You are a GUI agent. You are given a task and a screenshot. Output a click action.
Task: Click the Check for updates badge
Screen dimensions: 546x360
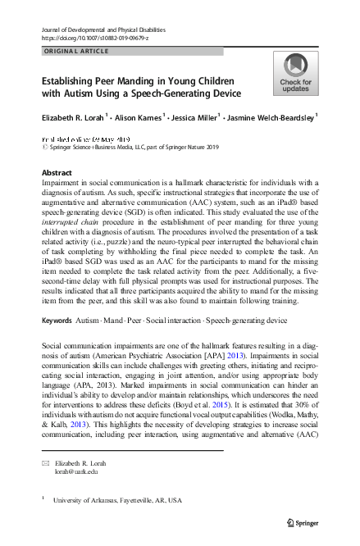point(295,74)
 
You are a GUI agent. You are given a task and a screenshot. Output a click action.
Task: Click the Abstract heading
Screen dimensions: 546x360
point(56,173)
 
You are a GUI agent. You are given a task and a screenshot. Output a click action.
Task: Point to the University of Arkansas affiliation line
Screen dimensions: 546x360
point(117,499)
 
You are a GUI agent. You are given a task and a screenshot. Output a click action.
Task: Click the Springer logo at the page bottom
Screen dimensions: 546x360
point(301,522)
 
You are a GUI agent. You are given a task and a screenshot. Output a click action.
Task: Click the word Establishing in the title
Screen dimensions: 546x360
point(71,81)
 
